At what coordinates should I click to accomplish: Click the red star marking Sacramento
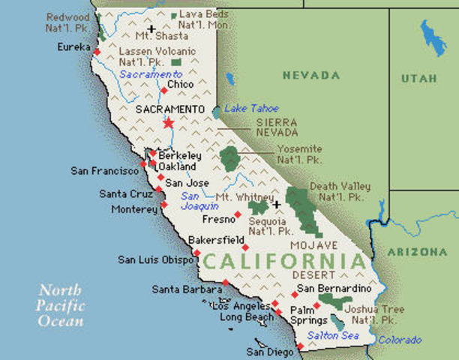point(168,122)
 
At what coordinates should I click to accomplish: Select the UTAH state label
point(418,78)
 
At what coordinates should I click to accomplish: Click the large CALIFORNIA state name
point(286,262)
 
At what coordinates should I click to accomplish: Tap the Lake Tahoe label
point(246,108)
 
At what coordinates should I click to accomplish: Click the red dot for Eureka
point(96,52)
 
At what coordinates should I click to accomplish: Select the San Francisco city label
point(105,171)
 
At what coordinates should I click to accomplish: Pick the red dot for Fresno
point(238,214)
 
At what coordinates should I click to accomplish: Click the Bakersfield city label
point(216,241)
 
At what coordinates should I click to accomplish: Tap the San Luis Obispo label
point(154,260)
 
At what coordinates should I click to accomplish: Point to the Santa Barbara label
point(186,289)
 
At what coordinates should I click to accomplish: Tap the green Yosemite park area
point(229,158)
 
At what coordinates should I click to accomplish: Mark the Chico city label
point(180,85)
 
